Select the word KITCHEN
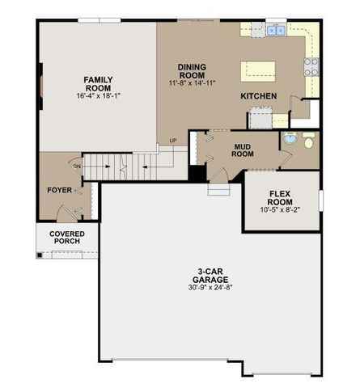pos(259,96)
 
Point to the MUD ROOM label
pos(244,150)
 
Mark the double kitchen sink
pos(276,32)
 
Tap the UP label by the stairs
pos(172,141)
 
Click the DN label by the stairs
pos(78,167)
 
